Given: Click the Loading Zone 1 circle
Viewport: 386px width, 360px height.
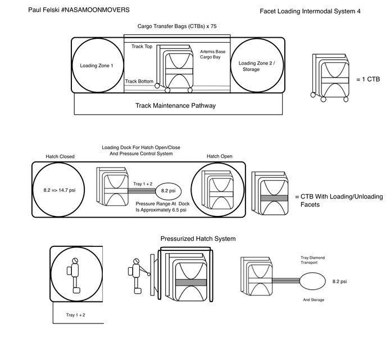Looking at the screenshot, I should (x=97, y=65).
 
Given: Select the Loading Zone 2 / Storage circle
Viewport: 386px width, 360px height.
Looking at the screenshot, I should (x=256, y=65).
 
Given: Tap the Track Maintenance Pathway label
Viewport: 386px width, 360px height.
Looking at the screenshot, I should (x=176, y=105).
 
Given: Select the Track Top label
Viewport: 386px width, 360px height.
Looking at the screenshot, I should (x=142, y=47).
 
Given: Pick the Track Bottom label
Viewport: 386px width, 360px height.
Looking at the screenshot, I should (x=139, y=82).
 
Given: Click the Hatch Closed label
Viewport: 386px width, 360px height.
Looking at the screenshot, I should (x=60, y=156).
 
